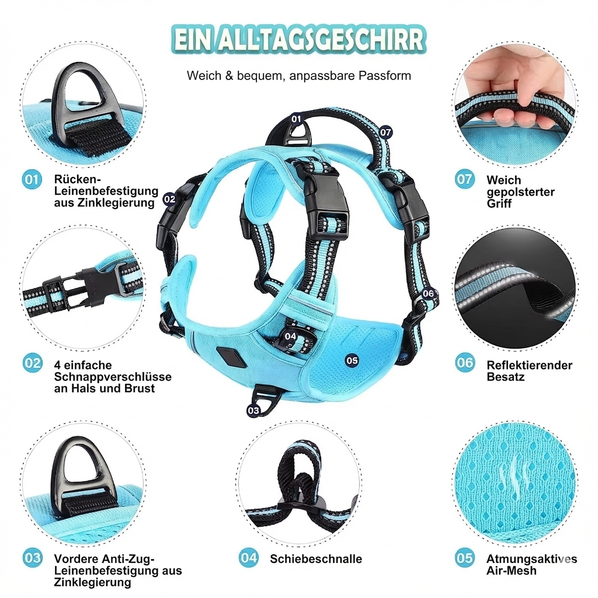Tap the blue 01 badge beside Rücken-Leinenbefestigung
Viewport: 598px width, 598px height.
click(33, 179)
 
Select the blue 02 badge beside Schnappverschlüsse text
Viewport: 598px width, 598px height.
click(33, 363)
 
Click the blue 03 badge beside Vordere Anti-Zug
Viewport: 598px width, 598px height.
click(33, 558)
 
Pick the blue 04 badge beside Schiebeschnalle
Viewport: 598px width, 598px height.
click(249, 558)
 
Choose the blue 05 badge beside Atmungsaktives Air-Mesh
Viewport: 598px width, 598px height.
click(465, 558)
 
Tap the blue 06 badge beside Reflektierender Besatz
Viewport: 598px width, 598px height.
click(465, 363)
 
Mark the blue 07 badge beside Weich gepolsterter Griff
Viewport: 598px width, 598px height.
click(465, 179)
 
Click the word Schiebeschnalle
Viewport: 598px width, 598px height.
click(315, 559)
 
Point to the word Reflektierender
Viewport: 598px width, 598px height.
click(529, 365)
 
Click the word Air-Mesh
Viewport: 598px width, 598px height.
click(511, 570)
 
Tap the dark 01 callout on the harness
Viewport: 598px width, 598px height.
click(296, 119)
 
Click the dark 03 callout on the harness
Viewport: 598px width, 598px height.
click(253, 411)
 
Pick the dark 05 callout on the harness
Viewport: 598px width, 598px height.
click(352, 360)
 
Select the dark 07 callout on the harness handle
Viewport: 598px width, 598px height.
click(385, 132)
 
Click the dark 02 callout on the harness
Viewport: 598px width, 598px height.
click(169, 199)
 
